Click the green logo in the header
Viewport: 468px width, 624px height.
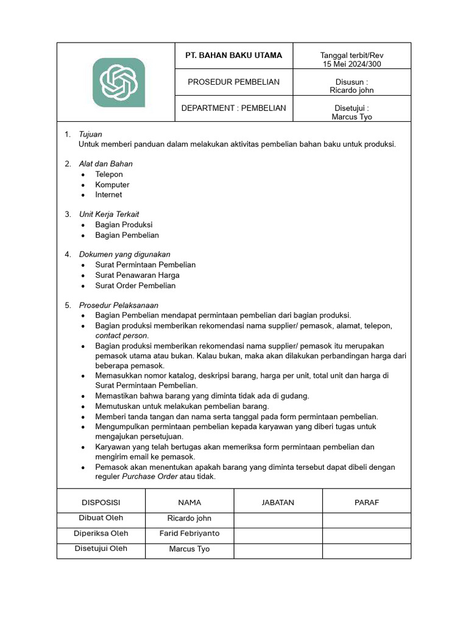pyautogui.click(x=118, y=82)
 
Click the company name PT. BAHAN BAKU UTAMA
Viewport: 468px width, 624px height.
pyautogui.click(x=233, y=55)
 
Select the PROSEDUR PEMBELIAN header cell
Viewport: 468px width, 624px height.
pyautogui.click(x=233, y=82)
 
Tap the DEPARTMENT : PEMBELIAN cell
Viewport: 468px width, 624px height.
pyautogui.click(x=233, y=108)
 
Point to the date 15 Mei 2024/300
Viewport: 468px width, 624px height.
pyautogui.click(x=352, y=64)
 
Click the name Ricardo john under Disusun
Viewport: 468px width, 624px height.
pyautogui.click(x=352, y=90)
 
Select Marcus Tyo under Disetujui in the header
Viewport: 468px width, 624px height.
pyautogui.click(x=352, y=116)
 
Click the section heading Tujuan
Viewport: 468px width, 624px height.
pyautogui.click(x=90, y=134)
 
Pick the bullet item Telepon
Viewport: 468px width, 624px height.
pyautogui.click(x=109, y=174)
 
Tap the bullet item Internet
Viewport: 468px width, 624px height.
pyautogui.click(x=108, y=195)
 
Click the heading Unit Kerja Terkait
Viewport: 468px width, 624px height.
pyautogui.click(x=109, y=214)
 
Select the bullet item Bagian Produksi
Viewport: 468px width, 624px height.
pyautogui.click(x=124, y=225)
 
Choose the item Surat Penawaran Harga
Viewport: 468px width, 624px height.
pyautogui.click(x=137, y=275)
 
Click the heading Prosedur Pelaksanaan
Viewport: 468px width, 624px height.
pyautogui.click(x=119, y=305)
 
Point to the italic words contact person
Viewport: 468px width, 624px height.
pyautogui.click(x=121, y=336)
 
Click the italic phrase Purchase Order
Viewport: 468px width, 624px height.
pyautogui.click(x=149, y=477)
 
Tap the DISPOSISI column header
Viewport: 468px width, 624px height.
pyautogui.click(x=101, y=503)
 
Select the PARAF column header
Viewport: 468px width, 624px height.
pyautogui.click(x=366, y=503)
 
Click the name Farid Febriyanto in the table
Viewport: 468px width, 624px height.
pyautogui.click(x=190, y=533)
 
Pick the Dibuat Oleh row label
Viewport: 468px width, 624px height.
pyautogui.click(x=101, y=518)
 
